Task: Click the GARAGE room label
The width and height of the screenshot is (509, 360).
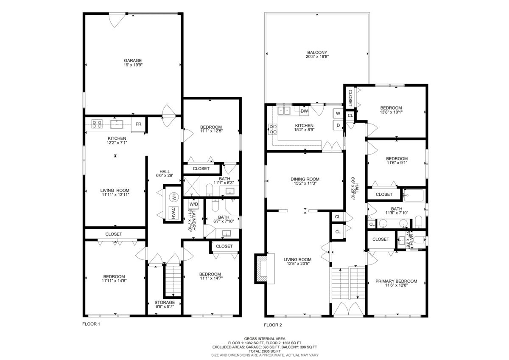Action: tap(133, 60)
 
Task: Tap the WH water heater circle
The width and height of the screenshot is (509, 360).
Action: tap(173, 197)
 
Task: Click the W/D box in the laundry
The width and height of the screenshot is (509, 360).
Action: tap(193, 204)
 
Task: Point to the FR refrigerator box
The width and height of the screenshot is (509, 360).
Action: tap(138, 124)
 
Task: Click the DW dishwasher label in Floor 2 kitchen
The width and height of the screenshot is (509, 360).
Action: tap(304, 111)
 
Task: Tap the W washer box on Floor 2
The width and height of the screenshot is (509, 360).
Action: tap(338, 114)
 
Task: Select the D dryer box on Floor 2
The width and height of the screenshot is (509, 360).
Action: tap(338, 126)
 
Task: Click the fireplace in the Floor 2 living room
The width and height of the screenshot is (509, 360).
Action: tap(261, 269)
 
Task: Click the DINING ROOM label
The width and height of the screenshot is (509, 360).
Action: tap(305, 179)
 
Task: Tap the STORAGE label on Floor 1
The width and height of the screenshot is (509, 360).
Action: tap(164, 303)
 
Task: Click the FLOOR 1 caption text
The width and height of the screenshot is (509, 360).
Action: tap(91, 323)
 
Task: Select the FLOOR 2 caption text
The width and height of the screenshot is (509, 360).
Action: tap(273, 325)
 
